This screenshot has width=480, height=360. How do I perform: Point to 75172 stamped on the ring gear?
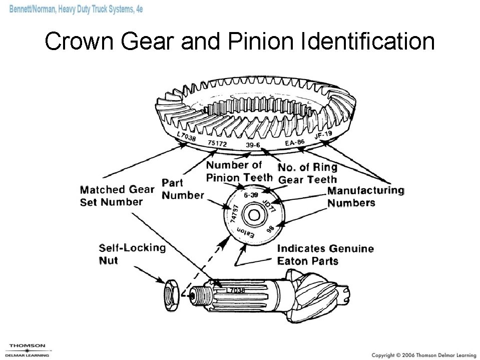(x=217, y=144)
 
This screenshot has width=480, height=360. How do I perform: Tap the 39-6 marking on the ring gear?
(x=253, y=145)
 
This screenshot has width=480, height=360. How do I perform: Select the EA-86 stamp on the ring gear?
(x=294, y=143)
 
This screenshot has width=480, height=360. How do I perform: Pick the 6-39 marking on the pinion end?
(x=251, y=195)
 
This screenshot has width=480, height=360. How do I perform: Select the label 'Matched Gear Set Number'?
(x=117, y=196)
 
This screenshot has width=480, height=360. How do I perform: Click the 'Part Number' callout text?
(x=182, y=189)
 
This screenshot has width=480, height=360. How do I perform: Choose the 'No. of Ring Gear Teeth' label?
(x=307, y=173)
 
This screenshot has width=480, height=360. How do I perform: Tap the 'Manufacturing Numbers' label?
(x=365, y=196)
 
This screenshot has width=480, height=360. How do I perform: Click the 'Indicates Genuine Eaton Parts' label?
(x=325, y=254)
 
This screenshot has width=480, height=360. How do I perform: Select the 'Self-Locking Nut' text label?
(x=132, y=253)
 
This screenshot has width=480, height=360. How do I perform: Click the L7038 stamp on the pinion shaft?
(x=235, y=290)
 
